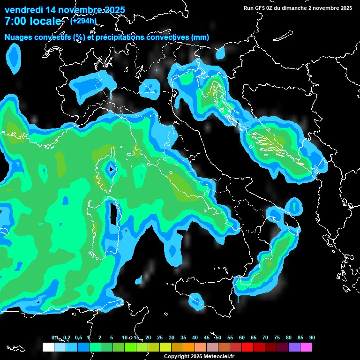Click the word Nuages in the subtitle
click(17, 37)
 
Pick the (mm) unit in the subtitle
click(200, 37)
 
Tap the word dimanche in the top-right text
click(294, 7)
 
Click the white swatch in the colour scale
click(48, 347)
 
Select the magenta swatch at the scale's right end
click(306, 347)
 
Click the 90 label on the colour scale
click(312, 337)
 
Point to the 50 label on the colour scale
click(218, 337)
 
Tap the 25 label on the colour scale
click(160, 337)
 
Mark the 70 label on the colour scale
click(265, 337)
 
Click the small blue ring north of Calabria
click(294, 206)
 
